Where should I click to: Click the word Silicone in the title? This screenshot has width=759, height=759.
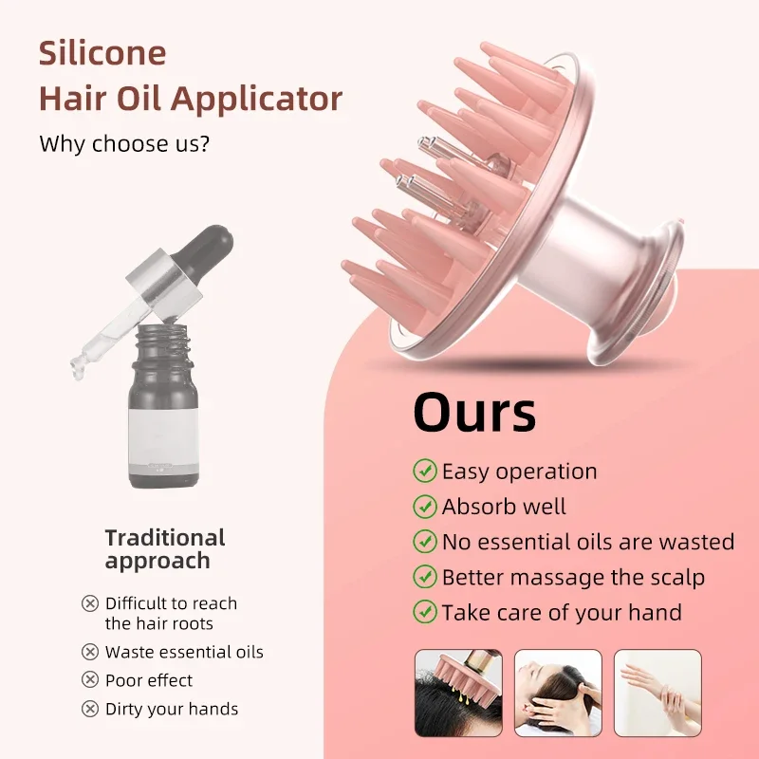pyautogui.click(x=102, y=53)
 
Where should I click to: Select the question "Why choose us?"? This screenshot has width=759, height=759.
pyautogui.click(x=124, y=145)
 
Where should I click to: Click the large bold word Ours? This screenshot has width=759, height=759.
pyautogui.click(x=474, y=413)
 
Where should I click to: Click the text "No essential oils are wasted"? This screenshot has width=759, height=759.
pyautogui.click(x=587, y=542)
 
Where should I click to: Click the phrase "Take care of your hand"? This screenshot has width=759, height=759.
pyautogui.click(x=561, y=612)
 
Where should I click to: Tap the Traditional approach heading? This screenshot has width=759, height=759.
pyautogui.click(x=165, y=549)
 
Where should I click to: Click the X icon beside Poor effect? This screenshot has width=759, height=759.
pyautogui.click(x=90, y=680)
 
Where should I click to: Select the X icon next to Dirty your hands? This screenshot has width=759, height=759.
pyautogui.click(x=90, y=709)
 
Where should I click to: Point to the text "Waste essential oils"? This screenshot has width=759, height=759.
pyautogui.click(x=184, y=652)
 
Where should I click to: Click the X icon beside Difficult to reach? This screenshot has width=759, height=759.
pyautogui.click(x=90, y=603)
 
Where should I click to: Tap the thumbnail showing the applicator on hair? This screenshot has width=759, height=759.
pyautogui.click(x=457, y=693)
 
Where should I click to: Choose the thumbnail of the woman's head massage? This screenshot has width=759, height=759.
pyautogui.click(x=558, y=693)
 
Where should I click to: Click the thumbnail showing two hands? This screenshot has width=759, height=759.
pyautogui.click(x=657, y=693)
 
